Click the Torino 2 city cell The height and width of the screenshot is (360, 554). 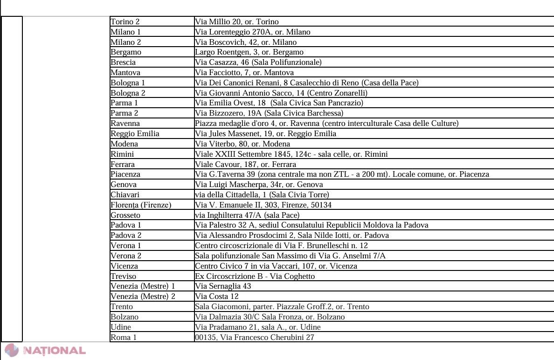click(125, 21)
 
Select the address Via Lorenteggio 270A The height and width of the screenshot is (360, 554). click(252, 32)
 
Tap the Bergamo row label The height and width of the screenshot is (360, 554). click(126, 52)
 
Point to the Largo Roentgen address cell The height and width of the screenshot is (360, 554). click(249, 52)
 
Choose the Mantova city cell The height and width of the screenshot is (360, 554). click(125, 72)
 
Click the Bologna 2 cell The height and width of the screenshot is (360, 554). click(128, 93)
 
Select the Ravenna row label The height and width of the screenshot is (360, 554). click(125, 123)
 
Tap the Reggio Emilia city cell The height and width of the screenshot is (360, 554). click(135, 133)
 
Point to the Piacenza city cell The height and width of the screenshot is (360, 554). click(125, 174)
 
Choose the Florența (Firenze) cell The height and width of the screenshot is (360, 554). click(141, 205)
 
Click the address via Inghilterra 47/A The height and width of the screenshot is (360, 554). click(247, 215)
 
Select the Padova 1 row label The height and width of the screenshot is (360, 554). click(126, 225)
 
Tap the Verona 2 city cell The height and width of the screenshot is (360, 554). click(126, 256)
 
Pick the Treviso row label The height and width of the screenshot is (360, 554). click(124, 276)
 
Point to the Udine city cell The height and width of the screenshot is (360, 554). click(121, 327)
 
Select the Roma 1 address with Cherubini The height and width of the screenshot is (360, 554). click(255, 337)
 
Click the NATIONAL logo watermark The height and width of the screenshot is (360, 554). click(45, 351)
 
